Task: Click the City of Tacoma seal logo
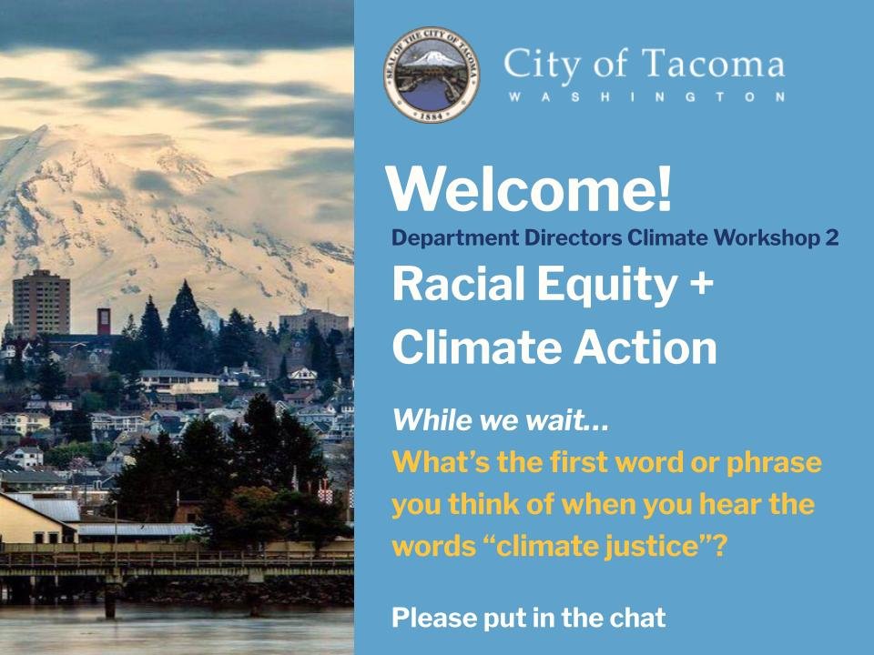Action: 432,75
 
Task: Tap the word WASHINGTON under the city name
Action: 646,97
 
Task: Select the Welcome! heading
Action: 529,189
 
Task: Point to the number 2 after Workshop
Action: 831,237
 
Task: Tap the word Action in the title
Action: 645,348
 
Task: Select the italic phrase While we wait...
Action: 500,420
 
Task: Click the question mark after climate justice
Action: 719,546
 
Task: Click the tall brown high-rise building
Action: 41,304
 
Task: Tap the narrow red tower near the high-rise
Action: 104,320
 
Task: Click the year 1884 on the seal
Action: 431,116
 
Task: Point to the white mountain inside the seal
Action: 431,58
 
